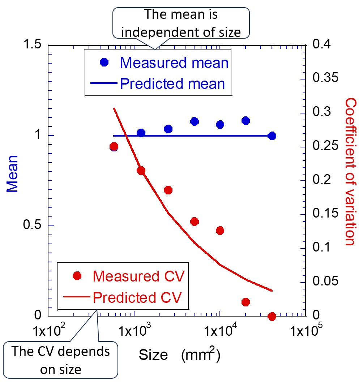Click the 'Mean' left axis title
click(13, 173)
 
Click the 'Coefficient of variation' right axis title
click(350, 171)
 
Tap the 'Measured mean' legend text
click(174, 63)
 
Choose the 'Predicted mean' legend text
click(172, 84)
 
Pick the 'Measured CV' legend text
click(139, 276)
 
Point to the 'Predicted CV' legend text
click(136, 298)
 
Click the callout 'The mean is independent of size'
click(181, 23)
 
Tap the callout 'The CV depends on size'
click(61, 360)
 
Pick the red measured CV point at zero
click(272, 317)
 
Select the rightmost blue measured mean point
click(272, 136)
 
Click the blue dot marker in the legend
click(104, 62)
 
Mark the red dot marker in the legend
click(77, 276)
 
